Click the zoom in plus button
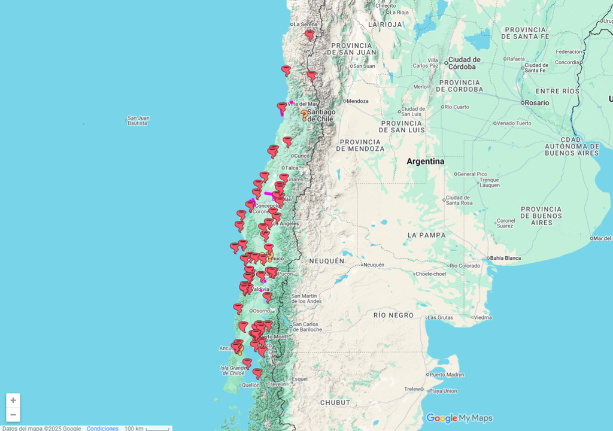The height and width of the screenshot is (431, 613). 13,400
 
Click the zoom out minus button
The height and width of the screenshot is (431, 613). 13,414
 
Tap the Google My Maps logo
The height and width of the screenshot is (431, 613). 459,418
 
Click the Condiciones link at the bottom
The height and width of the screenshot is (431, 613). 102,428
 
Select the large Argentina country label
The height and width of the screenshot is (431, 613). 425,162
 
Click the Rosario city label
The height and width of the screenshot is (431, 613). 536,102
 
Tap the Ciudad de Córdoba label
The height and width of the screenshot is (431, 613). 464,62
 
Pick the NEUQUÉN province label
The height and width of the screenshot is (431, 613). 327,261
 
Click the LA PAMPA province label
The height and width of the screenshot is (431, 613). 426,235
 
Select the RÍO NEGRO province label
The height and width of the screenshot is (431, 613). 393,315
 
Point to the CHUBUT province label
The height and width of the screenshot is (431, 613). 335,402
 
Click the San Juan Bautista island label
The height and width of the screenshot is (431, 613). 138,120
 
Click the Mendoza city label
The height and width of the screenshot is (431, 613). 357,101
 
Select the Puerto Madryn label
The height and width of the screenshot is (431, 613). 447,374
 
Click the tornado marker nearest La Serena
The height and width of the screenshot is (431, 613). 309,35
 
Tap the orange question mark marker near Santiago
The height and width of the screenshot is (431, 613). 304,114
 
